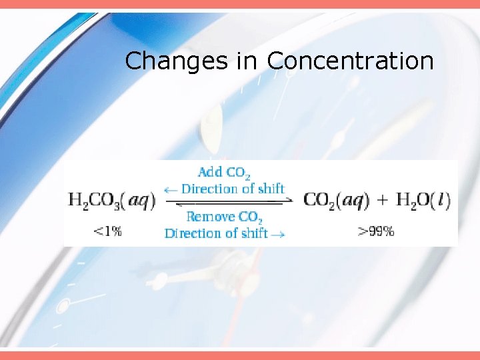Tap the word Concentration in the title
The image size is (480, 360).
pyautogui.click(x=350, y=61)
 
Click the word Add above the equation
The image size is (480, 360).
pyautogui.click(x=210, y=173)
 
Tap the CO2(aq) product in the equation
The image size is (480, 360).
pyautogui.click(x=337, y=199)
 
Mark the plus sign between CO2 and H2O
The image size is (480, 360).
pyautogui.click(x=383, y=199)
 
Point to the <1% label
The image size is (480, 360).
pyautogui.click(x=107, y=231)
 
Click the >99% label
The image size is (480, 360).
pyautogui.click(x=376, y=231)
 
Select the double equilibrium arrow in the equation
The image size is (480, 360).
pyautogui.click(x=229, y=201)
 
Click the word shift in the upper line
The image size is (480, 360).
pyautogui.click(x=271, y=189)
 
